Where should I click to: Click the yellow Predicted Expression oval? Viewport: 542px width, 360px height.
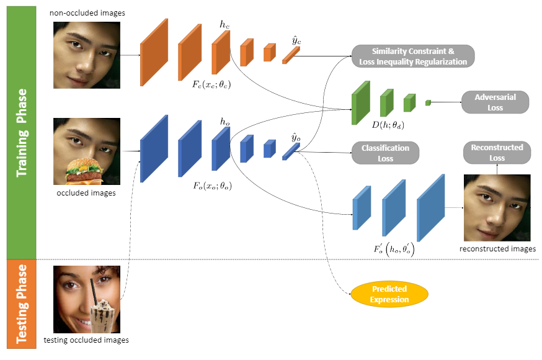(x=389, y=294)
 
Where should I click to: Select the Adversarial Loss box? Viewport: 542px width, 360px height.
(x=495, y=102)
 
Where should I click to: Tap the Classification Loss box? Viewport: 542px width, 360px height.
(x=385, y=153)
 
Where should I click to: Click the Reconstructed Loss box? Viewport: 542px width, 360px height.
(x=497, y=153)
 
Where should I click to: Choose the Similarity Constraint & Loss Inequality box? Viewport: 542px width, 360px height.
(x=413, y=56)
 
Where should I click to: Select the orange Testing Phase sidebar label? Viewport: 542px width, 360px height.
(x=21, y=304)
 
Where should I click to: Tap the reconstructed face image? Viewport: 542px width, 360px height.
(x=497, y=208)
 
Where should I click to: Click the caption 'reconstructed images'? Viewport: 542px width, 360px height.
(x=497, y=249)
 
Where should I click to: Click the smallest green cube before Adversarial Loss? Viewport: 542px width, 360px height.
(x=427, y=102)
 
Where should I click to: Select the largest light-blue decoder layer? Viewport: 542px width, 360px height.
(x=431, y=208)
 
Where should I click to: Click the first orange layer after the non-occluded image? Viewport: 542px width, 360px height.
(x=154, y=52)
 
